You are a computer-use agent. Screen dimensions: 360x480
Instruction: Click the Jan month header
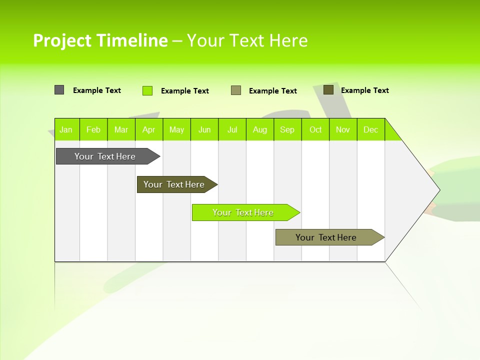pyautogui.click(x=66, y=129)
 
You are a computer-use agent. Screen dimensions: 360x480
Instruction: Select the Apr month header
pyautogui.click(x=149, y=129)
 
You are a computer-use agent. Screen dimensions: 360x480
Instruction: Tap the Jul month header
pyautogui.click(x=232, y=129)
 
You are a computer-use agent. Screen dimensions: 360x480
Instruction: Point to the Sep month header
pyautogui.click(x=287, y=129)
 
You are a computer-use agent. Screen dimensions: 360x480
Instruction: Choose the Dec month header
pyautogui.click(x=371, y=129)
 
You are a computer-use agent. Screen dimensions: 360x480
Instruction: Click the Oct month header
pyautogui.click(x=315, y=129)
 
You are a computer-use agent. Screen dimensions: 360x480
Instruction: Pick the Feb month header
pyautogui.click(x=93, y=129)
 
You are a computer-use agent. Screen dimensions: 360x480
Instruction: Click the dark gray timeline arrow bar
pyautogui.click(x=105, y=156)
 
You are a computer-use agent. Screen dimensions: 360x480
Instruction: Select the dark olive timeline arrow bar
pyautogui.click(x=174, y=184)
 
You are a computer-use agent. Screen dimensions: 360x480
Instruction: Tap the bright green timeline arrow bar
pyautogui.click(x=243, y=212)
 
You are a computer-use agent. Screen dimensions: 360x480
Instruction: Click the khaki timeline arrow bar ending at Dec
pyautogui.click(x=326, y=237)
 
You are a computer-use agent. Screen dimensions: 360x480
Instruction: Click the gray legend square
pyautogui.click(x=59, y=90)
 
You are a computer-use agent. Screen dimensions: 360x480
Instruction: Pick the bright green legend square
pyautogui.click(x=147, y=90)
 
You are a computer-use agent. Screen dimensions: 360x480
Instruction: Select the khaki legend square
pyautogui.click(x=236, y=90)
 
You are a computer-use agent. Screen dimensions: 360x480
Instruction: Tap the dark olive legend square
pyautogui.click(x=328, y=89)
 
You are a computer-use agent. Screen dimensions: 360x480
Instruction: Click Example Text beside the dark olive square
pyautogui.click(x=364, y=90)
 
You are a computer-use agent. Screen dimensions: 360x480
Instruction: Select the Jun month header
pyautogui.click(x=204, y=129)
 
